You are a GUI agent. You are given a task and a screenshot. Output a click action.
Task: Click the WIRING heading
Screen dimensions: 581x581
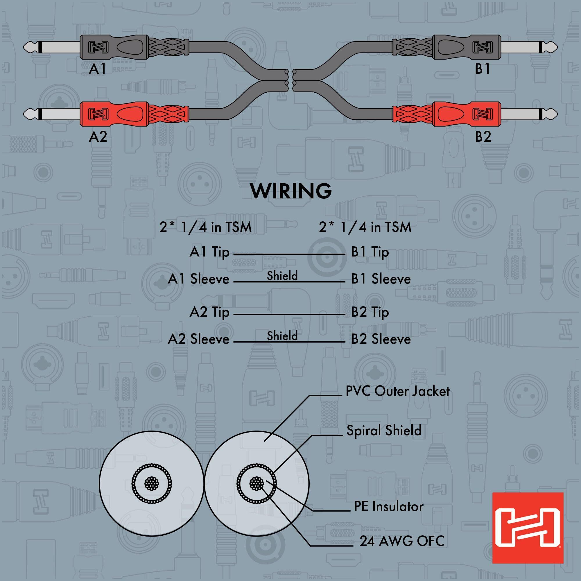tap(291, 191)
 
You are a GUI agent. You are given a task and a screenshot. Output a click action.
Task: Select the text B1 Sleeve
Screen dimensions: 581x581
tap(381, 279)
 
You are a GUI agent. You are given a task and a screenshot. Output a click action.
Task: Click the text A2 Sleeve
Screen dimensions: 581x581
tap(198, 339)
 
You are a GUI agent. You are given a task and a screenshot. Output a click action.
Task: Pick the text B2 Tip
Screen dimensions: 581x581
tap(370, 313)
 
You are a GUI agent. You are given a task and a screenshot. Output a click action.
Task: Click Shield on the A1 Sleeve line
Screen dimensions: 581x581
tap(282, 275)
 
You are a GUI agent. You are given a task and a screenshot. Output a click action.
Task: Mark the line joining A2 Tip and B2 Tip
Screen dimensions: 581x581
tap(289, 315)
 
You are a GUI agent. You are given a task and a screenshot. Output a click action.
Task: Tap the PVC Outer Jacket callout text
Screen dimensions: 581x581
tap(398, 391)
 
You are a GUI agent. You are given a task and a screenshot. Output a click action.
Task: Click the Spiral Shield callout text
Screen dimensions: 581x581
tap(384, 430)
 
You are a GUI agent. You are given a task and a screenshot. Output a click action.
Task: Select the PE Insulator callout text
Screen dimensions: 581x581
tap(388, 506)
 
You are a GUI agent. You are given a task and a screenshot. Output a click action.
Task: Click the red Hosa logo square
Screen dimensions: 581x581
tap(528, 528)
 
